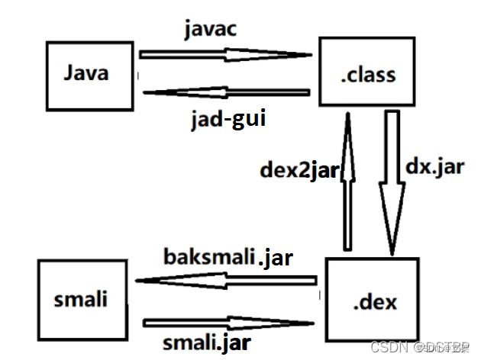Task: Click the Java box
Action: tap(86, 75)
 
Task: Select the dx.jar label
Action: tap(437, 166)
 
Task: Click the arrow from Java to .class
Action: tap(226, 55)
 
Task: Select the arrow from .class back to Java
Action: tap(226, 93)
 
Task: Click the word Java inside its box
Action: tap(86, 74)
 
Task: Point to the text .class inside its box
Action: tap(369, 75)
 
